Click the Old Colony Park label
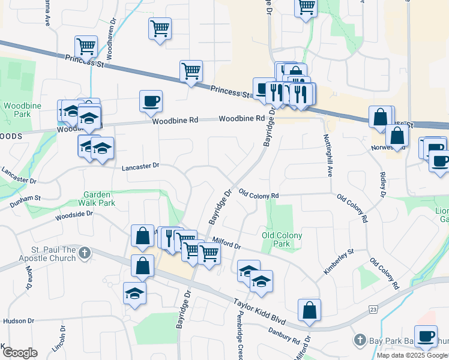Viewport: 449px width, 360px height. coord(282,239)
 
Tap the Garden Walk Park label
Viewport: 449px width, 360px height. coord(99,199)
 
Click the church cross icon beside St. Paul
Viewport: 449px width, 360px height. coord(85,253)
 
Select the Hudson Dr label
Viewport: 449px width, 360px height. coord(16,321)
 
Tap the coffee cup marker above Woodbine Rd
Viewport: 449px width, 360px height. coord(151,100)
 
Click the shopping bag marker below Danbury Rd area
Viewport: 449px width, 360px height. coord(309,310)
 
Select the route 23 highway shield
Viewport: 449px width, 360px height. coord(373,309)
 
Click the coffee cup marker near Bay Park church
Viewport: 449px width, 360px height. coord(426,336)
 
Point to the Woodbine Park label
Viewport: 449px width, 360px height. coord(17,109)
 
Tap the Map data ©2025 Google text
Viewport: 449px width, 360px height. coord(412,355)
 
